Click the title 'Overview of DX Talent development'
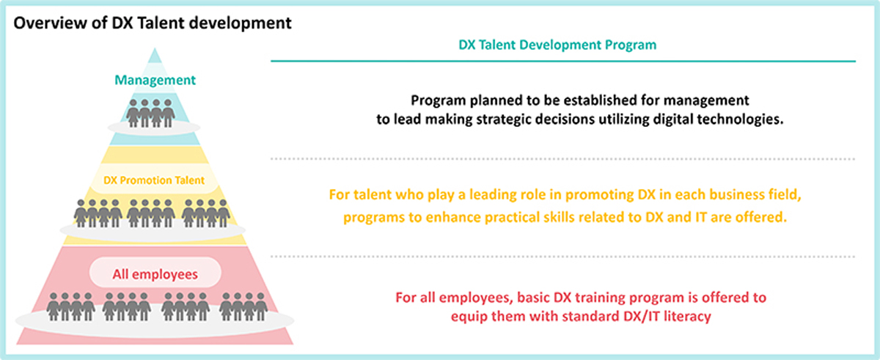pos(153,23)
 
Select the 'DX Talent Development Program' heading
pos(557,45)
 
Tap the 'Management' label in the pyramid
pos(155,80)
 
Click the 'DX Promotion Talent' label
pos(154,180)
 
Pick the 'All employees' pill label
pos(155,274)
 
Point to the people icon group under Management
pos(150,113)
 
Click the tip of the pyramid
pos(155,48)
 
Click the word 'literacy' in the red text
pos(688,317)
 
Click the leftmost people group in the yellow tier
pos(98,213)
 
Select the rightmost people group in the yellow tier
pos(206,213)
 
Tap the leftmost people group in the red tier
pos(70,306)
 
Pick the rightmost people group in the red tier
pos(243,306)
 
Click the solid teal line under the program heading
pos(563,62)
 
